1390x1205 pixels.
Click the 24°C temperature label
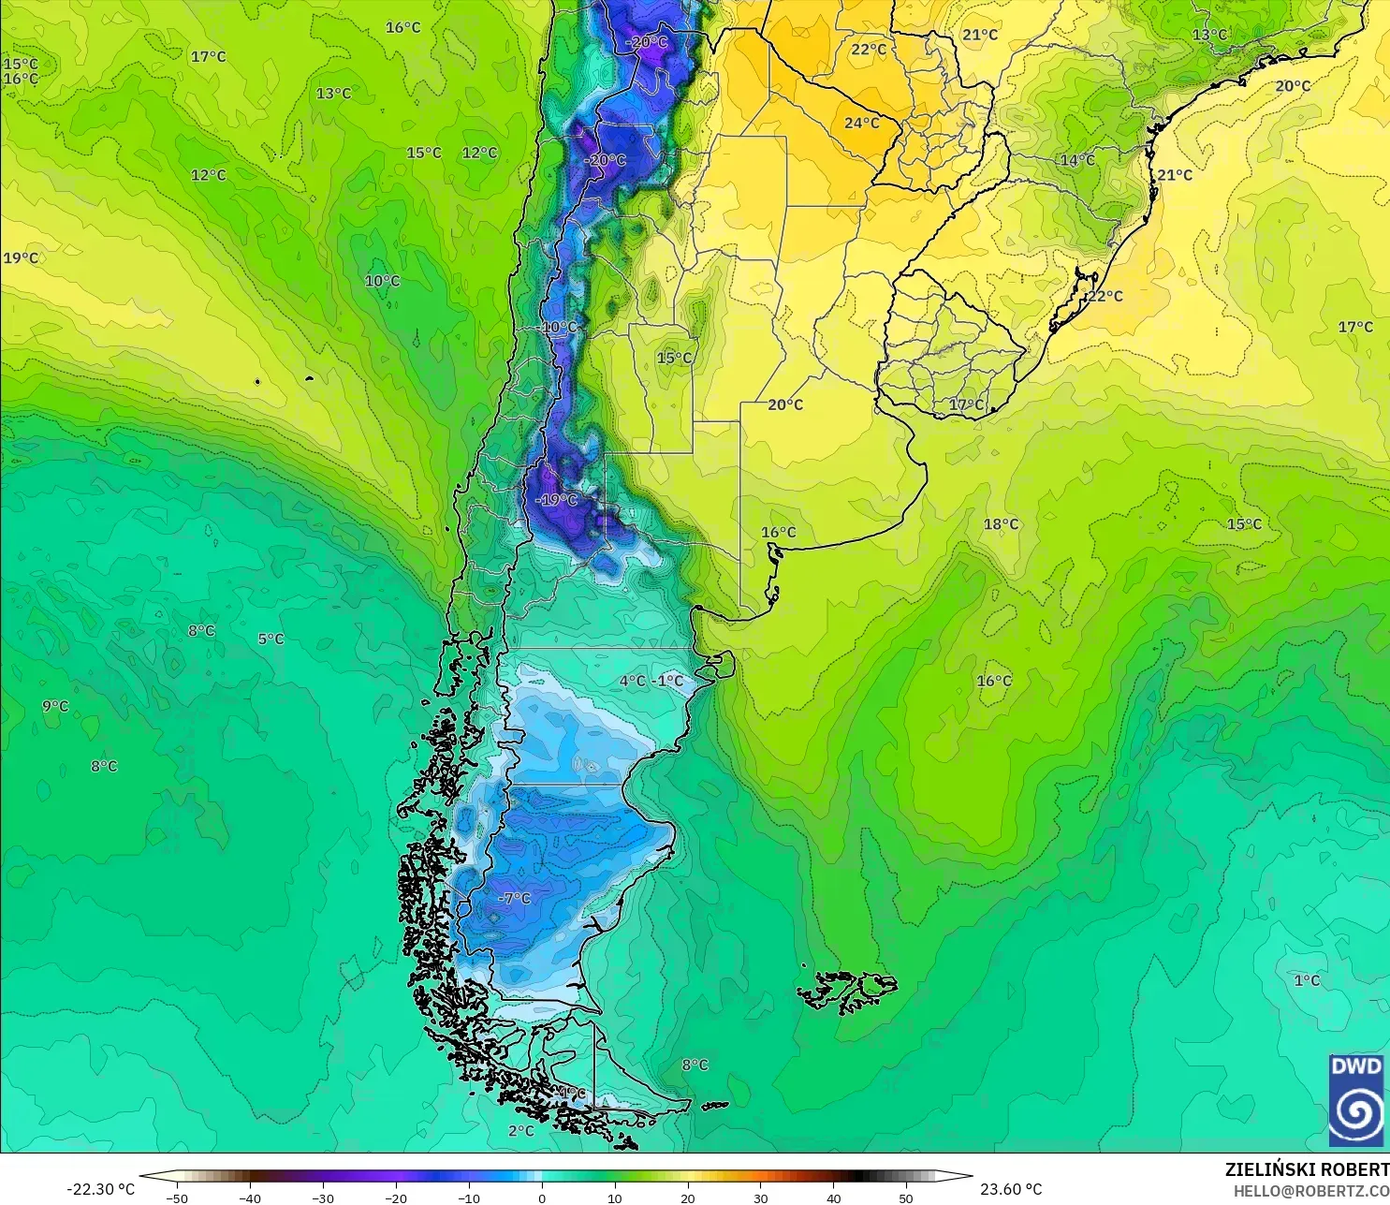(x=861, y=123)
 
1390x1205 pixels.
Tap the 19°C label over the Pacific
(x=21, y=257)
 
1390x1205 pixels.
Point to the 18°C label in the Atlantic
(x=1001, y=524)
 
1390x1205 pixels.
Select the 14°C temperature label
(x=1076, y=160)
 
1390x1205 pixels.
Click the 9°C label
(x=55, y=706)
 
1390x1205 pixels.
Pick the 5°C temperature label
(x=271, y=639)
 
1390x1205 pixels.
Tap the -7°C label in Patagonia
(x=514, y=898)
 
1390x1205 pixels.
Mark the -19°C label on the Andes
(x=556, y=500)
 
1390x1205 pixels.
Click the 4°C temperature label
(x=633, y=681)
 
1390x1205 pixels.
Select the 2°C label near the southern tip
(x=521, y=1131)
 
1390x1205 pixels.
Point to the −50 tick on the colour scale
(x=176, y=1198)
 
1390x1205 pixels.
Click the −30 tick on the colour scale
(x=322, y=1198)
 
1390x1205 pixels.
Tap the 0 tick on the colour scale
(x=542, y=1198)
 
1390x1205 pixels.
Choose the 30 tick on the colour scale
(x=760, y=1198)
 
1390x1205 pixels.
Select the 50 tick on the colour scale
(x=906, y=1198)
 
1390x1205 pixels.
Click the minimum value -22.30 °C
(x=100, y=1189)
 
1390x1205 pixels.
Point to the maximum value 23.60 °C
(x=1011, y=1189)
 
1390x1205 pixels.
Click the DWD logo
(x=1355, y=1100)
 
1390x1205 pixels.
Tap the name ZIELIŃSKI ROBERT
(x=1307, y=1169)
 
